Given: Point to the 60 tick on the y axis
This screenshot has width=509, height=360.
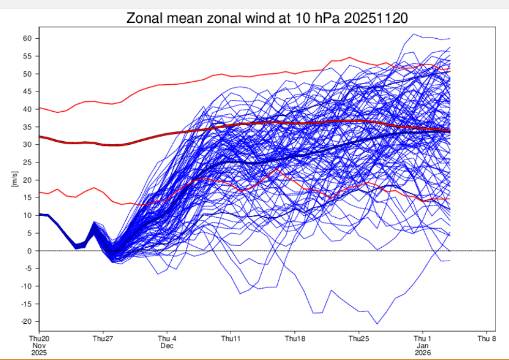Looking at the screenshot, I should click(x=27, y=39).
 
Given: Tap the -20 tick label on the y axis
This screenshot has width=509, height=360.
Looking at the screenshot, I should click(x=26, y=322).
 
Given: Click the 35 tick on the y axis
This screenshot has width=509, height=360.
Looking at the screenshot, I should click(x=27, y=127).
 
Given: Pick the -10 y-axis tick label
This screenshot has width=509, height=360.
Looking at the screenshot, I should click(x=26, y=286).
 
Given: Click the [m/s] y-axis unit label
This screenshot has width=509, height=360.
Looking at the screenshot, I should click(x=14, y=180).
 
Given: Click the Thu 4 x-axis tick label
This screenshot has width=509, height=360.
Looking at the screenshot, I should click(x=167, y=339).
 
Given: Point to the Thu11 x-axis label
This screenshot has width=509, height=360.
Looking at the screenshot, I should click(x=231, y=339).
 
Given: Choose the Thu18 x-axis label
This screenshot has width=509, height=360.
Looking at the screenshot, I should click(x=295, y=339).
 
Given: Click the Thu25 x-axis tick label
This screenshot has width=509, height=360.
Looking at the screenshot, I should click(x=358, y=339).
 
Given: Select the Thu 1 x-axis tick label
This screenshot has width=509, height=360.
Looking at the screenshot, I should click(x=423, y=339).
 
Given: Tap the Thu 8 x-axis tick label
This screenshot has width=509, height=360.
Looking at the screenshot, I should click(x=487, y=339).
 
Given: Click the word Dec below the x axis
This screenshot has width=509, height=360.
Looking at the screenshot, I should click(x=167, y=345).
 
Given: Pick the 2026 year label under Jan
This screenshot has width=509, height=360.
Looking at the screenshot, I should click(x=423, y=352).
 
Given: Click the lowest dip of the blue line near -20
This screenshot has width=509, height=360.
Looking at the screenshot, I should click(x=377, y=324).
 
